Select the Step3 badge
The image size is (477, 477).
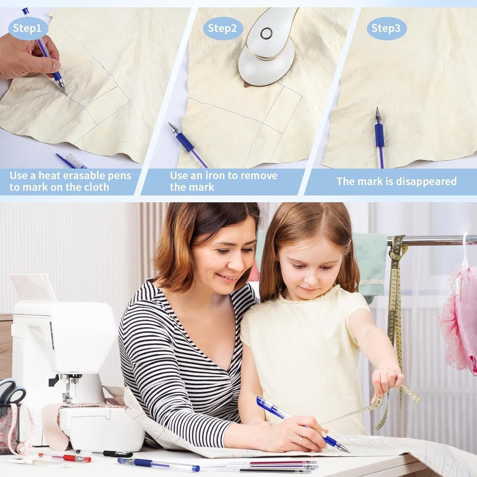tap(387, 28)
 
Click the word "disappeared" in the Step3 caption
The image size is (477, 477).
tap(426, 182)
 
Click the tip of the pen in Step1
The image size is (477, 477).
tap(66, 94)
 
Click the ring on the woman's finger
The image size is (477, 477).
tap(300, 440)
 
